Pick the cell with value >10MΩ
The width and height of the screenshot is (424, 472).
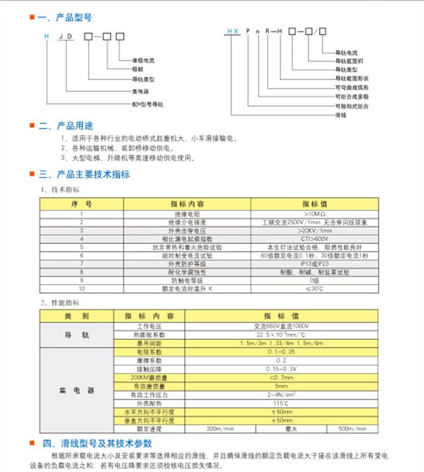(314, 214)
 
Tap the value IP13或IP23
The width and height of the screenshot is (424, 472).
(314, 263)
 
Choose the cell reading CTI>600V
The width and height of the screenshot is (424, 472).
(314, 239)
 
